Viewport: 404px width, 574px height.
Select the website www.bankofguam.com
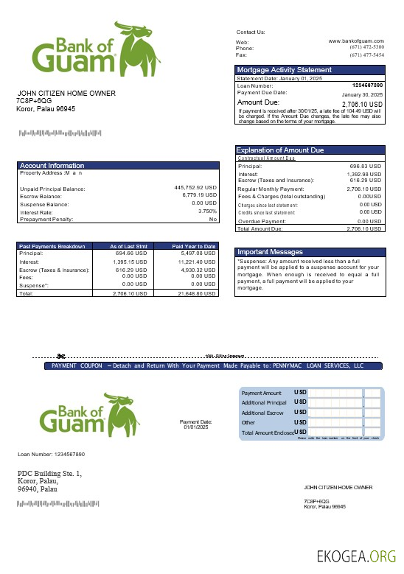pos(356,41)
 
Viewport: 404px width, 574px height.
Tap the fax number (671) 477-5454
pos(366,55)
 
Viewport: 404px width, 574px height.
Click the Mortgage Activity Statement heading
pos(285,70)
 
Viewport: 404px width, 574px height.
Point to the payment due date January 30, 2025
pos(363,95)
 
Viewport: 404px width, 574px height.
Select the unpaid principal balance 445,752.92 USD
pos(195,188)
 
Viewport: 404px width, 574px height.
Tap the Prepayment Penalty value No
pos(213,219)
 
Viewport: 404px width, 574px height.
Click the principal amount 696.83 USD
pos(365,167)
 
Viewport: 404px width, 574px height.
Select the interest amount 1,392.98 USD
pos(363,174)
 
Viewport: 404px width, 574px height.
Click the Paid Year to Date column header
pos(194,246)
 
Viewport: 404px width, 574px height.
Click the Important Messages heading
pos(268,252)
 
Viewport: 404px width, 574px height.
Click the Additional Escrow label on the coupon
pos(262,413)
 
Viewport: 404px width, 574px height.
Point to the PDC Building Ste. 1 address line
pos(50,473)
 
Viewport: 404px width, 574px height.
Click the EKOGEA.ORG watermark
pos(356,556)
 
